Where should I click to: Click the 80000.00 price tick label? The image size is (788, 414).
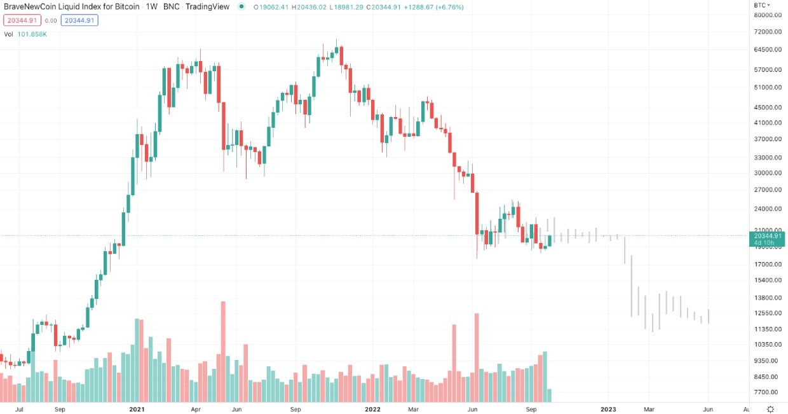click(x=767, y=15)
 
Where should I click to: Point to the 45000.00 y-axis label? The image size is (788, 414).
click(x=767, y=107)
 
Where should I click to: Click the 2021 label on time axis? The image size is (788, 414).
click(x=137, y=409)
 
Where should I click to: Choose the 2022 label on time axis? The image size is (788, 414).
click(x=372, y=409)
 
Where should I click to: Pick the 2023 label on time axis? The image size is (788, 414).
click(x=608, y=409)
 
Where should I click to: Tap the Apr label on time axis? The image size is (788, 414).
click(x=196, y=409)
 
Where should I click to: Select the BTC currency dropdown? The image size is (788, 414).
click(x=762, y=5)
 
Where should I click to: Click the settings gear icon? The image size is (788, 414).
click(x=770, y=409)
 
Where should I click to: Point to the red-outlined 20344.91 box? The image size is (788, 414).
click(x=22, y=20)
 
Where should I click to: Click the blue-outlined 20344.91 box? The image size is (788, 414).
click(x=79, y=20)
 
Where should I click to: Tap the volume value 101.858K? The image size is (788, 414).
click(x=31, y=34)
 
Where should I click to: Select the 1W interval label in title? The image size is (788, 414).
click(x=151, y=7)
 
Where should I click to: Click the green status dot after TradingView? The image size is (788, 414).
click(x=241, y=7)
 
